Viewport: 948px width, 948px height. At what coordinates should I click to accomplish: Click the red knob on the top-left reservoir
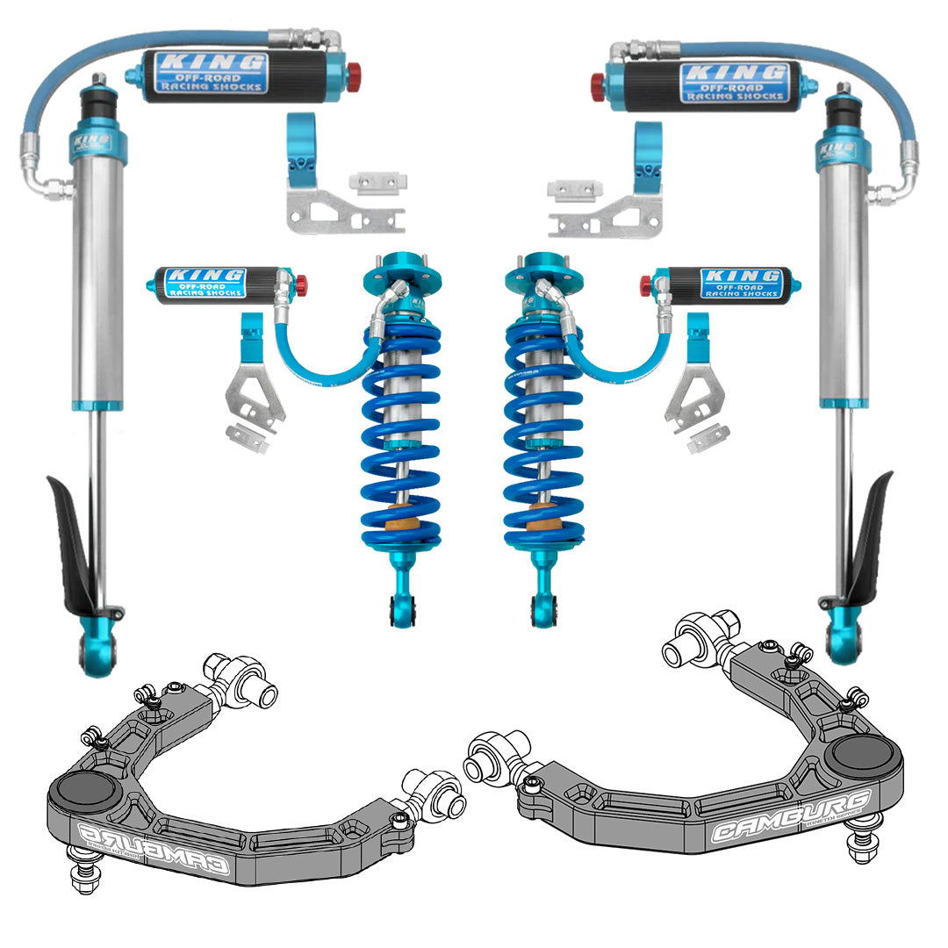(x=353, y=77)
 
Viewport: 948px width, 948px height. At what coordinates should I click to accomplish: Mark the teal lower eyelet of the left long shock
(x=97, y=650)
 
